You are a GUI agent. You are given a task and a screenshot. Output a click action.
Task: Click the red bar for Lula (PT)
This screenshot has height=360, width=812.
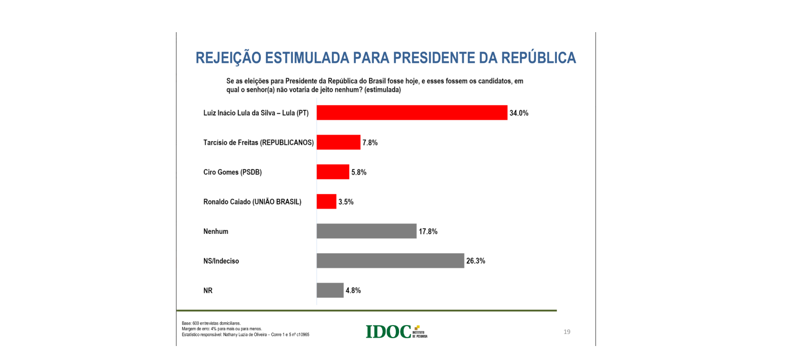412,113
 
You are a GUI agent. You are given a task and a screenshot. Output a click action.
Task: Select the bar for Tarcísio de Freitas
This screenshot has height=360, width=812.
338,143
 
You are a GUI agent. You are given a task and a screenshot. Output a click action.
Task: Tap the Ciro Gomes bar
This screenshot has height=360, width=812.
333,172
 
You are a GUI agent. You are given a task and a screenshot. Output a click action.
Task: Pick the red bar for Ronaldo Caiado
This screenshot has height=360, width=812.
326,202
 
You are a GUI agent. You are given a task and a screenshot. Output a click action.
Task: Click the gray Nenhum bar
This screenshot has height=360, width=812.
366,231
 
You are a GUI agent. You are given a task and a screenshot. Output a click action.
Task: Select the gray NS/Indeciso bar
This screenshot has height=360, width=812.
390,261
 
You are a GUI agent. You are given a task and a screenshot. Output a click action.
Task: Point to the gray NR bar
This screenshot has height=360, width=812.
330,290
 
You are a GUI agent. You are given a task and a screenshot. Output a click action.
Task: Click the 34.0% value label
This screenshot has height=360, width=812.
519,113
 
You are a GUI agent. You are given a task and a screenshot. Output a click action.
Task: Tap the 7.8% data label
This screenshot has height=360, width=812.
370,143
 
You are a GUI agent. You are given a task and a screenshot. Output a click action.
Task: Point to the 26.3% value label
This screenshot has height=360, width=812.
476,261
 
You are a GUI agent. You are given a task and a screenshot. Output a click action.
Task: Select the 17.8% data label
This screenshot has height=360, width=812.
428,231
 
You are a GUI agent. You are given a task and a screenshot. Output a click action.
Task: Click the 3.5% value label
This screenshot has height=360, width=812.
346,202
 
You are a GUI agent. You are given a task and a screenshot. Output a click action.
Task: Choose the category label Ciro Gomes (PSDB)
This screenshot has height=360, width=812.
232,172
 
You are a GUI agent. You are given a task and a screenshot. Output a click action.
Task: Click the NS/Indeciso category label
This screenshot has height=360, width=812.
221,261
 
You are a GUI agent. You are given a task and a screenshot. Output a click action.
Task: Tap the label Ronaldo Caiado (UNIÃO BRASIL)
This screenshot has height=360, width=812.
252,202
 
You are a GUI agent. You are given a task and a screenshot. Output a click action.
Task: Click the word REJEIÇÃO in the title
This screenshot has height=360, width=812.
228,58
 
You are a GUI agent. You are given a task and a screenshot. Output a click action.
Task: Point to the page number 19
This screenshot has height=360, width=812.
567,332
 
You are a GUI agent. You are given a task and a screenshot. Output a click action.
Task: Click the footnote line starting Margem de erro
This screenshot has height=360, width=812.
222,329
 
